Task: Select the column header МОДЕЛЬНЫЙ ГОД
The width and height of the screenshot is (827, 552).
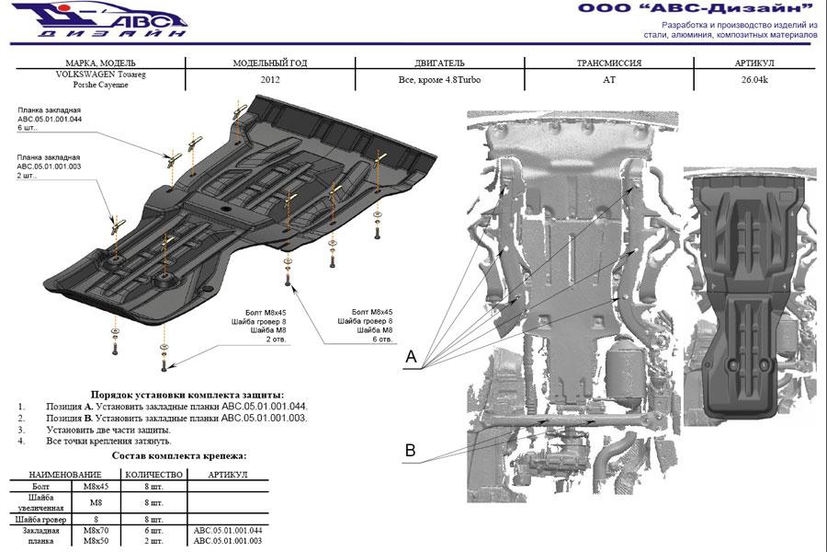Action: point(270,63)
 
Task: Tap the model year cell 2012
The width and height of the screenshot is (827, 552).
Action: point(270,80)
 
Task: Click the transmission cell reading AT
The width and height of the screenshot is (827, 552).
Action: point(607,80)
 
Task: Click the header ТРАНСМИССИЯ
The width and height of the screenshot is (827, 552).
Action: point(607,63)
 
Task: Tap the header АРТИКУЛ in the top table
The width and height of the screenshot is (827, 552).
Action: point(754,63)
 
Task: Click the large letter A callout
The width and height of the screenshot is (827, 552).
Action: point(411,356)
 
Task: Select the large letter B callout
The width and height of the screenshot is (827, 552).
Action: point(411,450)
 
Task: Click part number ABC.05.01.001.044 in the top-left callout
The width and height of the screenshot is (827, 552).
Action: point(49,120)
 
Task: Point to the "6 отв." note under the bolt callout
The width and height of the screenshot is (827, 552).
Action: point(380,339)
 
